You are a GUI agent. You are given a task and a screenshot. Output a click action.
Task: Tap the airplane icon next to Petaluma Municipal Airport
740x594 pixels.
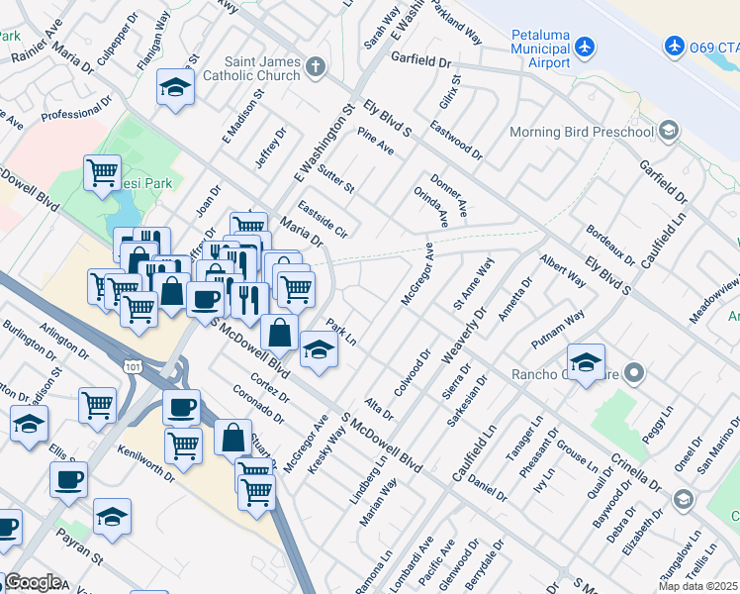point(585,46)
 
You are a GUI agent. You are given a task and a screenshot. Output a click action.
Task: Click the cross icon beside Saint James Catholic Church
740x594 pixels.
point(315,67)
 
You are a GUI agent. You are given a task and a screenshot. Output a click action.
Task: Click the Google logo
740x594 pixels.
point(32,582)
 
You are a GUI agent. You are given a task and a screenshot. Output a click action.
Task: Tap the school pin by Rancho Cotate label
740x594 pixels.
point(586,362)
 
